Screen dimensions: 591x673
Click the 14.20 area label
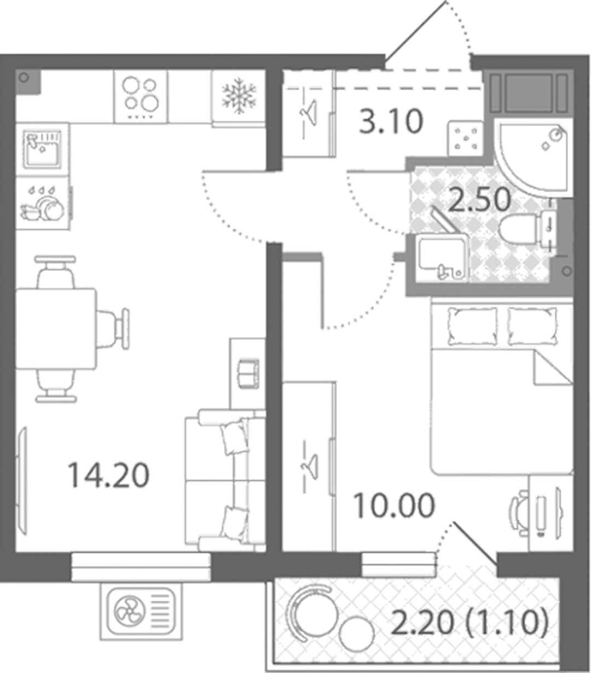pos(108,475)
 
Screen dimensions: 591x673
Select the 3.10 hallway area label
pos(391,122)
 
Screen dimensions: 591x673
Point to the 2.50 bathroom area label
pos(479,199)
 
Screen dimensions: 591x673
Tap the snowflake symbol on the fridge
pos(239,96)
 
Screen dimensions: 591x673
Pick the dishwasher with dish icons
pos(43,204)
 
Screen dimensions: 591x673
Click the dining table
pos(56,328)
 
